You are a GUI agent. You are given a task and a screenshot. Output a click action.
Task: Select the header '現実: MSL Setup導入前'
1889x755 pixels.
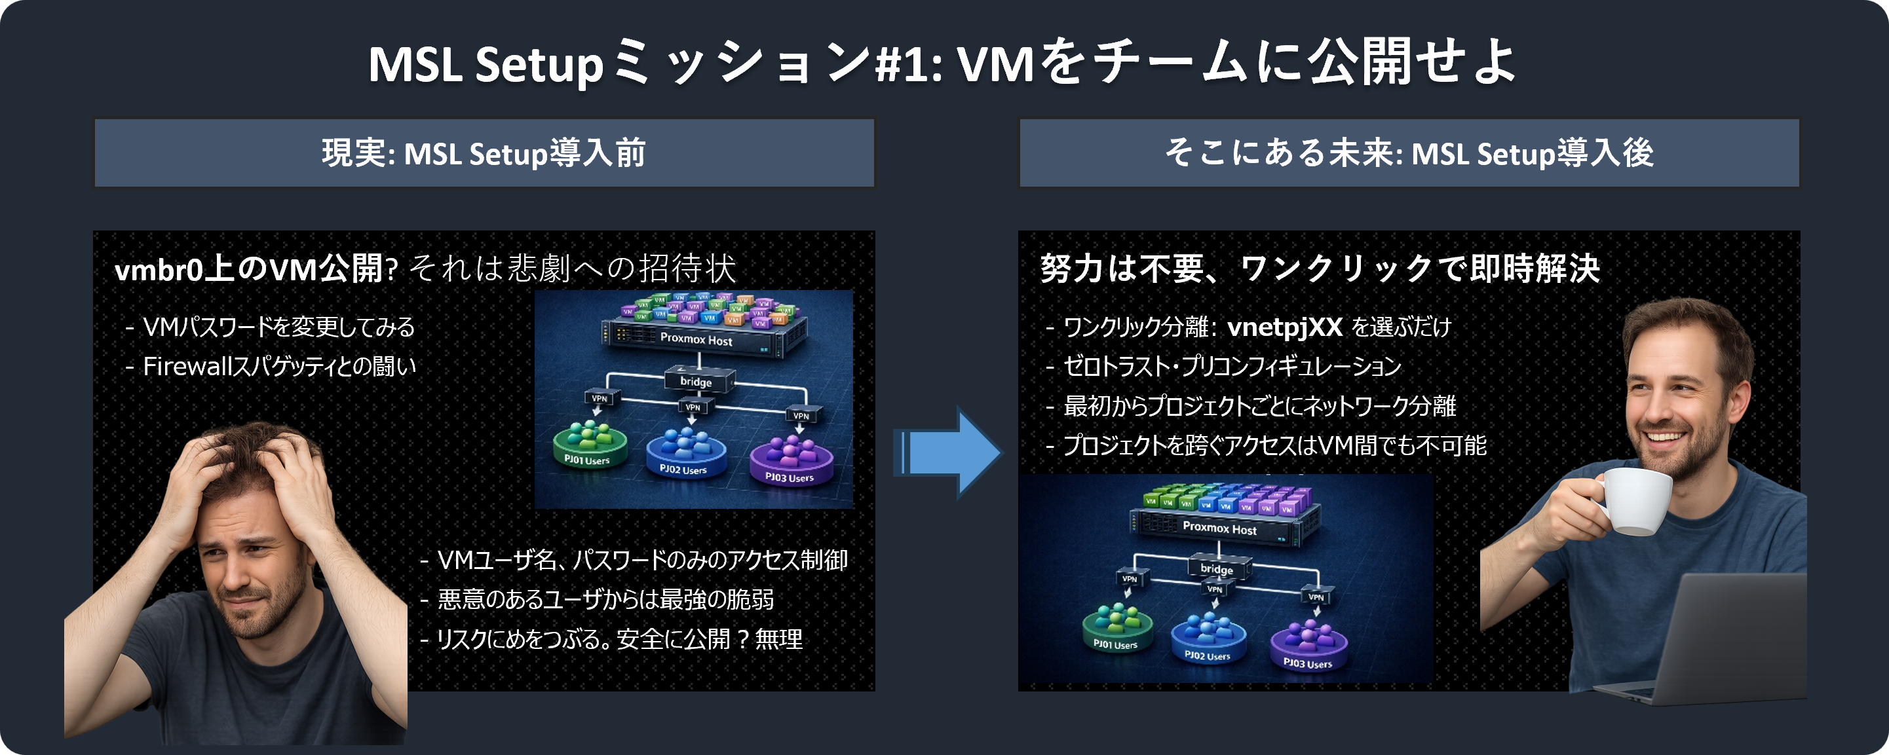(x=484, y=153)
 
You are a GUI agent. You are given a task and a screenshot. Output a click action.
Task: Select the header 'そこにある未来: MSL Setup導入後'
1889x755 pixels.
(x=1409, y=153)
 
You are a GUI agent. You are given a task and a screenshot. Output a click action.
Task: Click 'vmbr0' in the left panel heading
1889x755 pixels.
(x=158, y=270)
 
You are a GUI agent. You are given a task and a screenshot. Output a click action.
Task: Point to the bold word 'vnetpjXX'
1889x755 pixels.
(x=1285, y=326)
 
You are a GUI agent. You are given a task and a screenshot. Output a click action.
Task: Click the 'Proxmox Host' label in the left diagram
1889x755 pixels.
(x=696, y=339)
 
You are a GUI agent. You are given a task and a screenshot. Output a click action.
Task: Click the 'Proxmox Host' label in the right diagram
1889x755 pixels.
(x=1219, y=528)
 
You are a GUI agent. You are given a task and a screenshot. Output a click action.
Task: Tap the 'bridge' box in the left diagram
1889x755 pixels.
(x=696, y=381)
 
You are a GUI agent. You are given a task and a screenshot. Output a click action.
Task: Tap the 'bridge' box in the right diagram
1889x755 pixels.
(x=1217, y=569)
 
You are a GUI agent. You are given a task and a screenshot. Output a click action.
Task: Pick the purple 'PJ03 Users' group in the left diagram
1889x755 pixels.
(x=790, y=458)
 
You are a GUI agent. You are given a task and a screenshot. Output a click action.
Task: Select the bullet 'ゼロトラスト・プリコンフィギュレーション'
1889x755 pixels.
(x=1232, y=366)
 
